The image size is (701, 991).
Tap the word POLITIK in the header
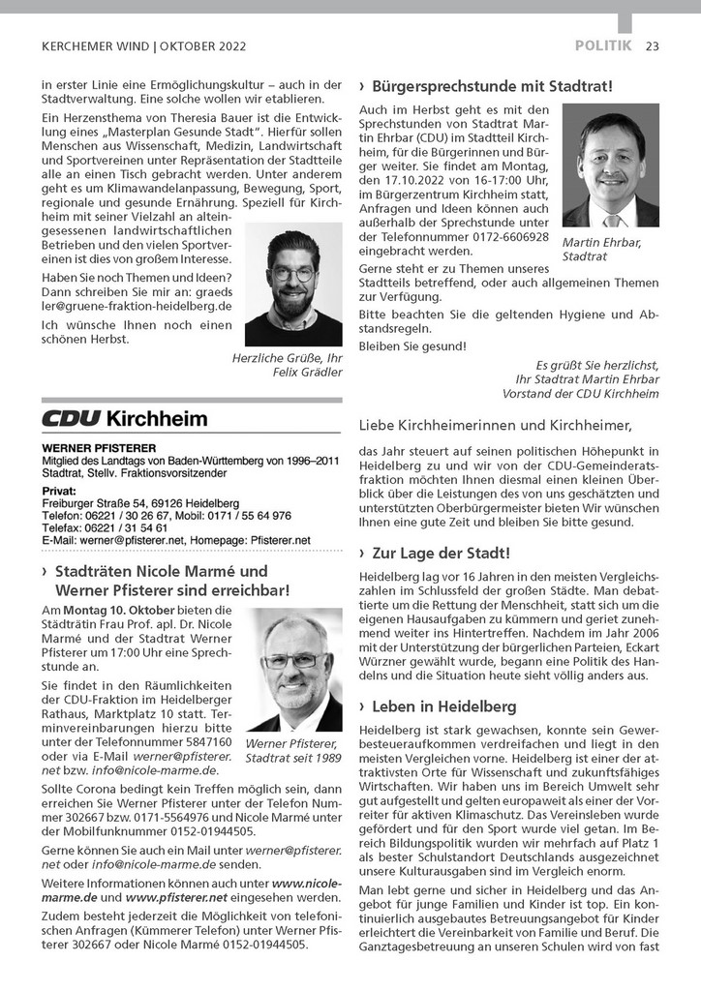[x=603, y=45]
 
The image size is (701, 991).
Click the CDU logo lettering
[x=70, y=419]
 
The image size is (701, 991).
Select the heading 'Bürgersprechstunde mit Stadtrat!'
[x=491, y=86]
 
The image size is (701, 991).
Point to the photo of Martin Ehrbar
[x=610, y=165]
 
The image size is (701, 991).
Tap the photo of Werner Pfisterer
[x=293, y=670]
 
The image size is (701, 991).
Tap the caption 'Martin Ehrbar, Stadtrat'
[x=601, y=250]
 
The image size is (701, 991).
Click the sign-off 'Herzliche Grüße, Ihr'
[x=287, y=358]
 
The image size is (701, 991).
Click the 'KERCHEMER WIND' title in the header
[x=97, y=45]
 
